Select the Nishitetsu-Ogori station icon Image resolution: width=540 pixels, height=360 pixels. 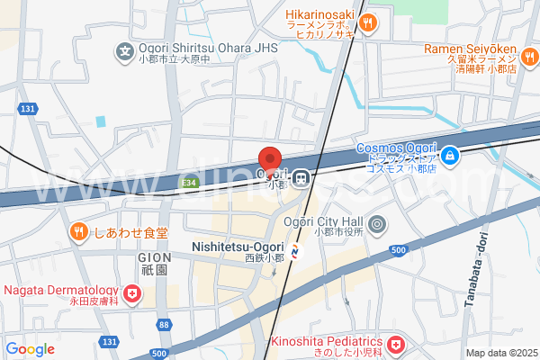pyautogui.click(x=294, y=250)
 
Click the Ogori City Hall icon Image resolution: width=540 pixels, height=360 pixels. pyautogui.click(x=376, y=222)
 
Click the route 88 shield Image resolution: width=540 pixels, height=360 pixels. pyautogui.click(x=163, y=324)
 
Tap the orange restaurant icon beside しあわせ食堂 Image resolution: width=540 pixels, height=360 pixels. pyautogui.click(x=79, y=232)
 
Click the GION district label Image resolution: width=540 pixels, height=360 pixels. pyautogui.click(x=155, y=256)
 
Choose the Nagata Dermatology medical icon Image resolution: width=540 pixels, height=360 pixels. pyautogui.click(x=132, y=293)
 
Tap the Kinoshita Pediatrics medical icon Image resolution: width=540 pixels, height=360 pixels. pyautogui.click(x=394, y=344)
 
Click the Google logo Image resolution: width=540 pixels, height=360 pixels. pyautogui.click(x=30, y=349)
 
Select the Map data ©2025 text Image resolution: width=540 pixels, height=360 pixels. pyautogui.click(x=499, y=353)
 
